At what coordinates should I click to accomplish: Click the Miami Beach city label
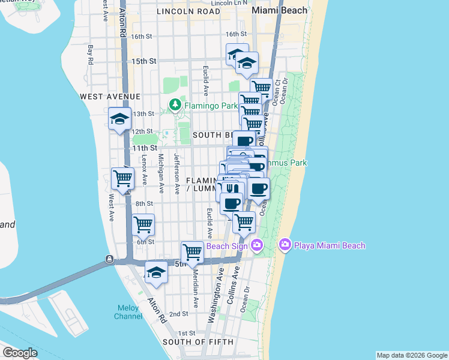tap(279, 10)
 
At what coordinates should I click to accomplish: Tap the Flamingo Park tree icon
tap(175, 106)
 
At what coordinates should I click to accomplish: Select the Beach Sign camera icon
tap(257, 245)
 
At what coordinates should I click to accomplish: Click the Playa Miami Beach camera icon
tap(285, 245)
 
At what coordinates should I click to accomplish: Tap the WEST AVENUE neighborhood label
tap(110, 96)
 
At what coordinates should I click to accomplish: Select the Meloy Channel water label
tap(128, 312)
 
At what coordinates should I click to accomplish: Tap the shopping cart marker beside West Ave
tap(122, 179)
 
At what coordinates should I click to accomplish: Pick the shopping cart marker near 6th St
tap(143, 224)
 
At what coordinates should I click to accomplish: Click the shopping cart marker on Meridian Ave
tap(192, 251)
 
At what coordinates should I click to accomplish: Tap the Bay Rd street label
tap(90, 54)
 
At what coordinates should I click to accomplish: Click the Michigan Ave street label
tap(161, 169)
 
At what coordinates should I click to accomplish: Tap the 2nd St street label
tap(179, 314)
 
